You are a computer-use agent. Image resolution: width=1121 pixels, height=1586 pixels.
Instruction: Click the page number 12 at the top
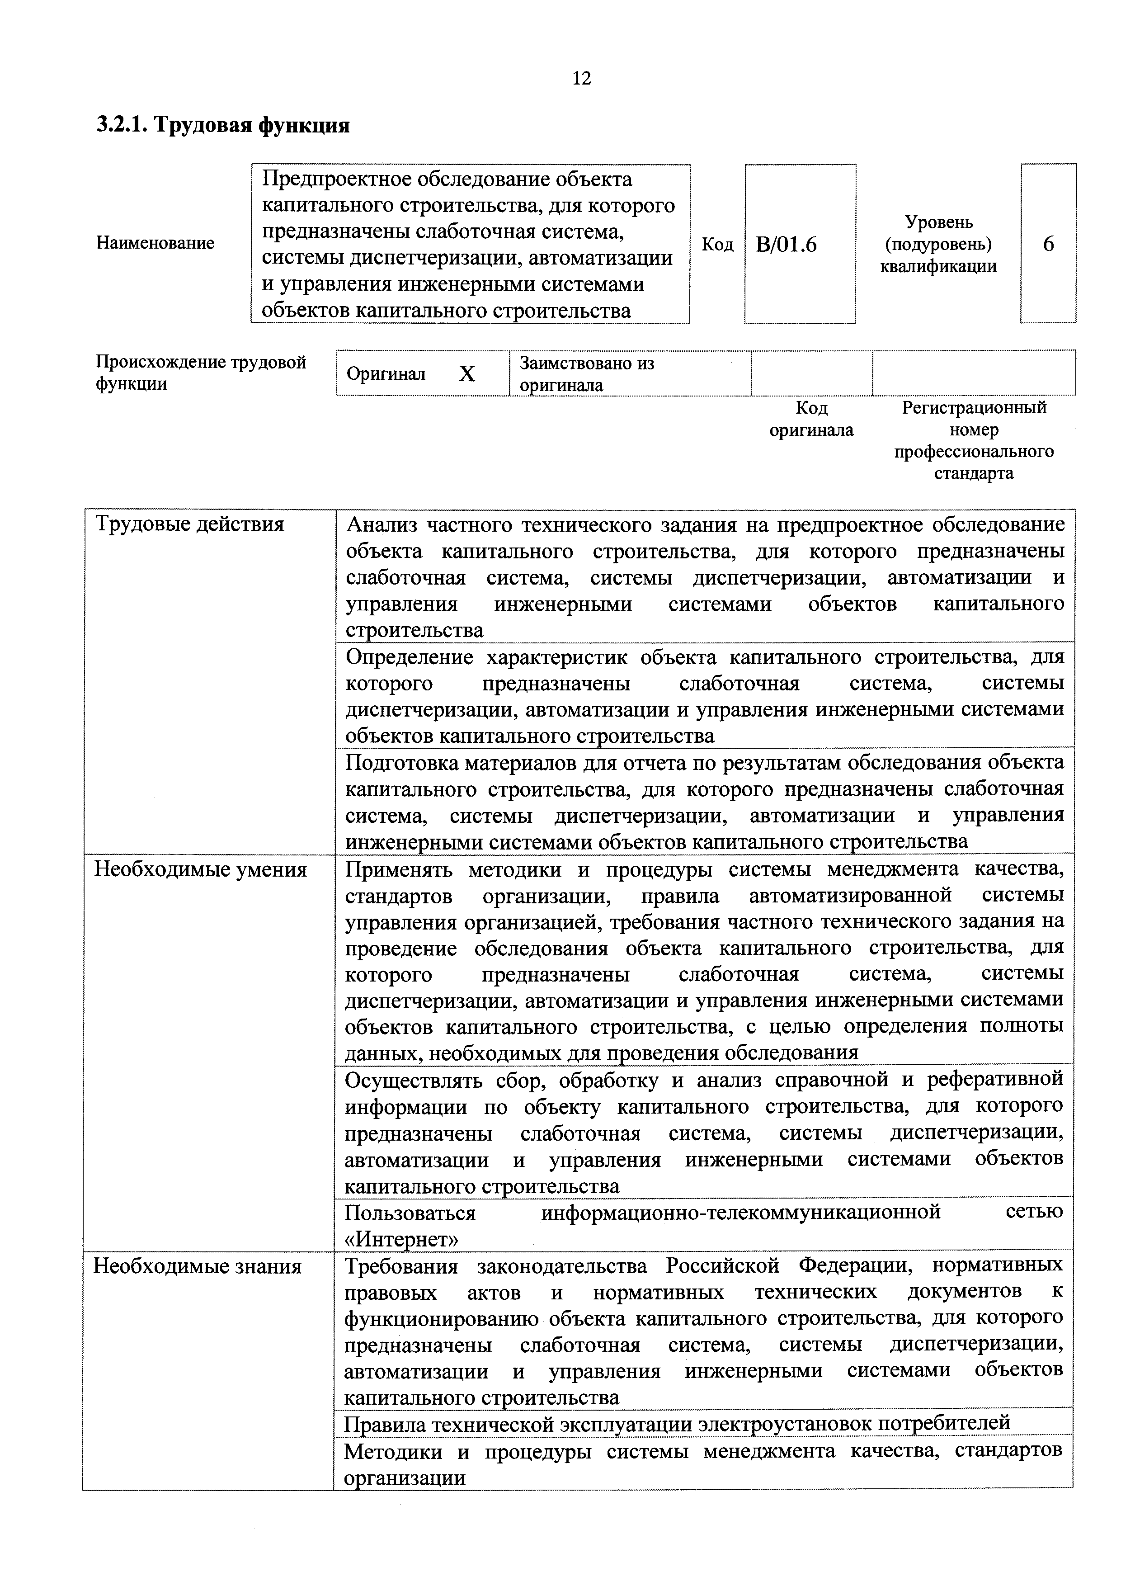pos(582,78)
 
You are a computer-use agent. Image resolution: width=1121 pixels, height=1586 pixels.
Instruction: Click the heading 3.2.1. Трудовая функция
pos(222,125)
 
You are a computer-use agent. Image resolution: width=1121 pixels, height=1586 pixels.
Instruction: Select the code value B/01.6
pos(786,245)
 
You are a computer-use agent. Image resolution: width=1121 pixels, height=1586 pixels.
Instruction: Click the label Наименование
pos(155,243)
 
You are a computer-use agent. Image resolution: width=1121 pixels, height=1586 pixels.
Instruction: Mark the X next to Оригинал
pos(467,374)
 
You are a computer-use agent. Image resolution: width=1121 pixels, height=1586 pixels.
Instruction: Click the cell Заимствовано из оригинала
pos(587,374)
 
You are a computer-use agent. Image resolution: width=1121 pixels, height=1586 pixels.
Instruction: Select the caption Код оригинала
pos(811,419)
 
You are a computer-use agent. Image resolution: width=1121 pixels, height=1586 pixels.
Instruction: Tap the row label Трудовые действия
pos(189,524)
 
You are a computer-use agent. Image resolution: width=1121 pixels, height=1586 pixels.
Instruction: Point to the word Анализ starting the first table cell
pos(381,526)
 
